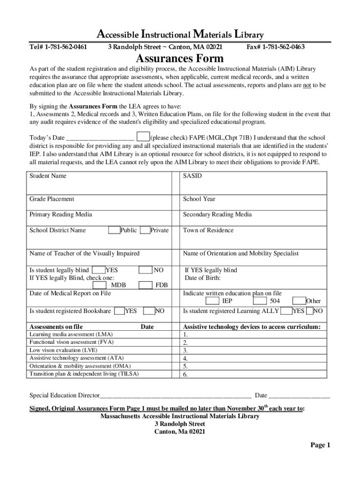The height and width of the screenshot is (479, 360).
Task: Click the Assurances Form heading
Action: pos(180,59)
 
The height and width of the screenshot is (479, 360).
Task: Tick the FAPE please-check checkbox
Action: pos(143,137)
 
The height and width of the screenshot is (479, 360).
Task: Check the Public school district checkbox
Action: pos(114,230)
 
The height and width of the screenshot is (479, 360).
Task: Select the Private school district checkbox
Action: pos(145,230)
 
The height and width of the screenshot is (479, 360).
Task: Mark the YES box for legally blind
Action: pos(99,270)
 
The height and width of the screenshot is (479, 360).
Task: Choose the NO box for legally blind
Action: pos(146,270)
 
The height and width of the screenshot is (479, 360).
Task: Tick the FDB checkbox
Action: pos(146,285)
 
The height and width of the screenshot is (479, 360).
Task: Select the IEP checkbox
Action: pos(212,301)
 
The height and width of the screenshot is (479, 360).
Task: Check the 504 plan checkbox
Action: pos(260,301)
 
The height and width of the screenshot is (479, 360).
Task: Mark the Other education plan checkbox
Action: pos(299,301)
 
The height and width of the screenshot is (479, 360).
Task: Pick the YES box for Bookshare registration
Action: pos(119,311)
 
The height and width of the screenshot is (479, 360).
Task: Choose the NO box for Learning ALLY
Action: pos(310,311)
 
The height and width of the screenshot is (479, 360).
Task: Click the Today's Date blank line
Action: pos(101,138)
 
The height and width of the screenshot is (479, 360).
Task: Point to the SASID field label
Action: pos(192,176)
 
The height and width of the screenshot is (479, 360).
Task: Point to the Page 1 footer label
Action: pos(320,445)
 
